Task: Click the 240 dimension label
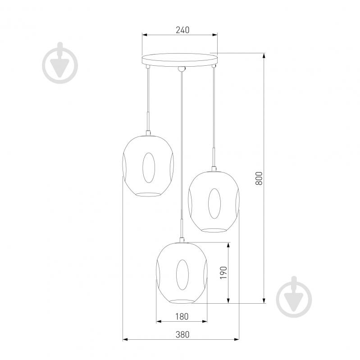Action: pyautogui.click(x=183, y=30)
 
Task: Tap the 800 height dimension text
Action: pyautogui.click(x=259, y=178)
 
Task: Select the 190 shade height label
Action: pyautogui.click(x=223, y=273)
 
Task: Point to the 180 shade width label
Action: pyautogui.click(x=182, y=317)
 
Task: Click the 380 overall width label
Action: pyautogui.click(x=183, y=334)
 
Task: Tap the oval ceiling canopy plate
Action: pyautogui.click(x=179, y=59)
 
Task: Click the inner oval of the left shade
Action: pyautogui.click(x=149, y=168)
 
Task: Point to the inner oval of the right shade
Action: pyautogui.click(x=214, y=204)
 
